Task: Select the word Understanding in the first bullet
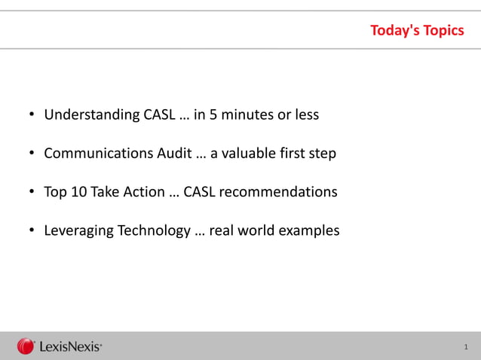coord(91,115)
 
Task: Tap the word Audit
coord(174,154)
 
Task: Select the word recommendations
coord(281,192)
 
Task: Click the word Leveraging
coord(78,230)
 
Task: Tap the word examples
coord(309,230)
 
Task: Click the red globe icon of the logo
coord(26,346)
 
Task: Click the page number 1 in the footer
coord(466,347)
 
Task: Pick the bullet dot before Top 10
coord(32,192)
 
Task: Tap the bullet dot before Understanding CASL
coord(32,115)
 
